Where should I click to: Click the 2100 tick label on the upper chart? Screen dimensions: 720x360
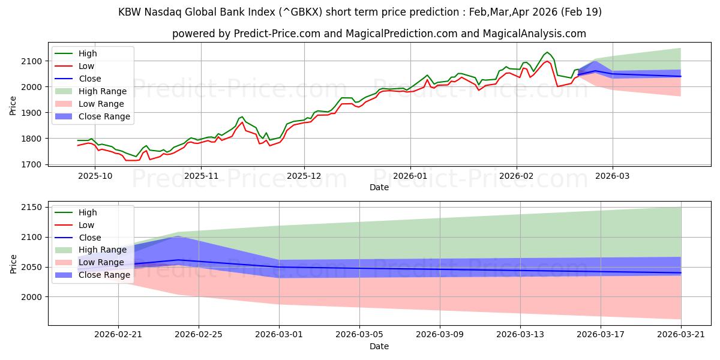(31, 61)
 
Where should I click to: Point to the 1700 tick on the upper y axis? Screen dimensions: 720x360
(31, 164)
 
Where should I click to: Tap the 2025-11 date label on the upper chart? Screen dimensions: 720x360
(201, 176)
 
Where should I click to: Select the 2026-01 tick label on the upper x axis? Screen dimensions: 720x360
(410, 176)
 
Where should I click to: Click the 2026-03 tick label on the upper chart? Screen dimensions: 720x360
(613, 176)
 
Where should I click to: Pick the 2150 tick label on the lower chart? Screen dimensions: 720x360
(31, 208)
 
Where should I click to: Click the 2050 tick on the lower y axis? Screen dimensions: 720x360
(31, 267)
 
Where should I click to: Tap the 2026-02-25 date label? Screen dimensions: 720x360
(199, 335)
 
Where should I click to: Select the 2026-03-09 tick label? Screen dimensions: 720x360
(440, 335)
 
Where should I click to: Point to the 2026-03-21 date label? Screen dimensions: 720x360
(681, 335)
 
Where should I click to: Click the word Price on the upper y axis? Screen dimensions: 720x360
(13, 106)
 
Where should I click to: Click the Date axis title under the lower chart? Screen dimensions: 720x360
(379, 346)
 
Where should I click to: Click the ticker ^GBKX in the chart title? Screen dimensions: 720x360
(301, 12)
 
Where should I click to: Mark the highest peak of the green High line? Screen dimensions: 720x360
(547, 52)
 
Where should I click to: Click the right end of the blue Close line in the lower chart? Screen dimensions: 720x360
(681, 273)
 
